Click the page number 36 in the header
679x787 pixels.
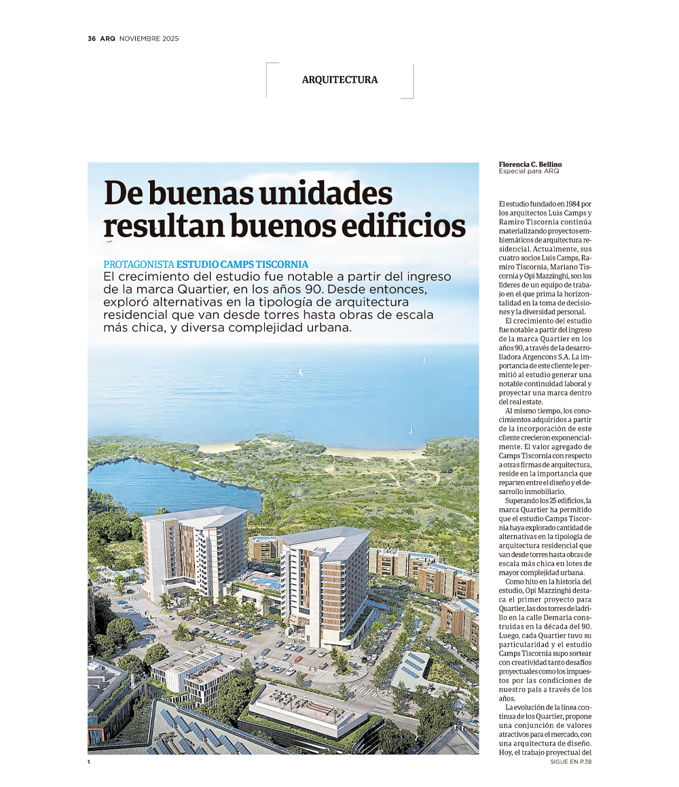pyautogui.click(x=92, y=39)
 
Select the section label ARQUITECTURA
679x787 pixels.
pyautogui.click(x=339, y=80)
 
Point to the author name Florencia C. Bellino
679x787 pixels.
pyautogui.click(x=530, y=164)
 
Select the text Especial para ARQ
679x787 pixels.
pyautogui.click(x=528, y=171)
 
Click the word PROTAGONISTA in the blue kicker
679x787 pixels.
pyautogui.click(x=139, y=264)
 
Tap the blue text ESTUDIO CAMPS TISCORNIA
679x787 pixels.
pyautogui.click(x=242, y=264)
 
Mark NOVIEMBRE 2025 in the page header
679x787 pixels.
pyautogui.click(x=149, y=39)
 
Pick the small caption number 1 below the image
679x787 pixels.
pyautogui.click(x=89, y=762)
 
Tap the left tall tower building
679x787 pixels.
pyautogui.click(x=194, y=550)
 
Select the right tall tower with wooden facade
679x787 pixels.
pyautogui.click(x=323, y=584)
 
